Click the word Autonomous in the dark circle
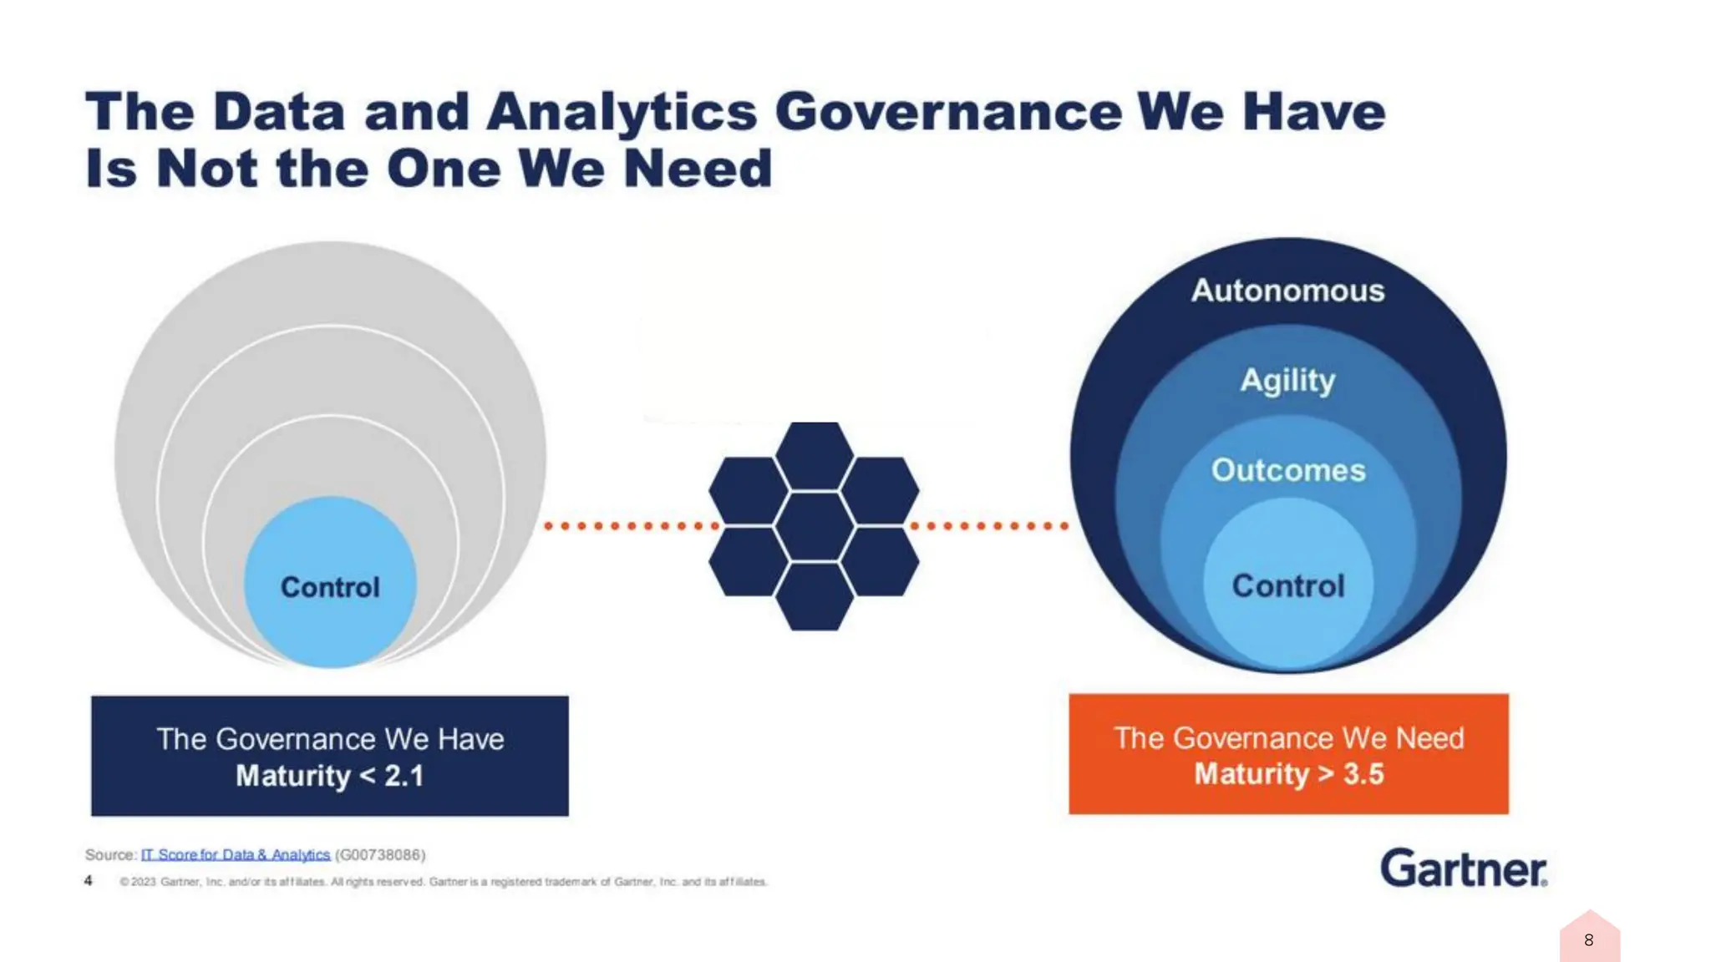point(1287,291)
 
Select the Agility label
point(1287,381)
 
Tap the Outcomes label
point(1288,470)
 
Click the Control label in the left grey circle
point(330,587)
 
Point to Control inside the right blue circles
point(1288,585)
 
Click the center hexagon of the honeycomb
point(814,526)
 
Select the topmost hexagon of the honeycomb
point(814,455)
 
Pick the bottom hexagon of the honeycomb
point(814,596)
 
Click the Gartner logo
point(1463,868)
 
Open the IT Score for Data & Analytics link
point(236,854)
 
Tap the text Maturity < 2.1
point(330,776)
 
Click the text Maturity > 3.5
point(1288,774)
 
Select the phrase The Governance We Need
point(1288,738)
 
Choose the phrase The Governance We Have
point(330,739)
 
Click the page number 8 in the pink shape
point(1588,940)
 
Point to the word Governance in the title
point(948,112)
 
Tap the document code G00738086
point(380,854)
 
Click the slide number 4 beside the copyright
point(88,880)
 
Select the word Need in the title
point(698,168)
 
